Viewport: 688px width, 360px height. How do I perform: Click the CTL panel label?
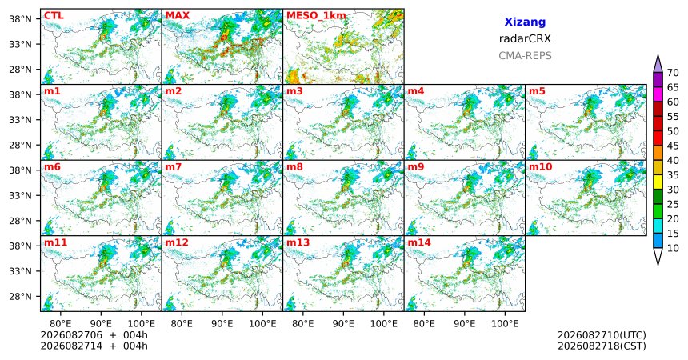[x=54, y=16]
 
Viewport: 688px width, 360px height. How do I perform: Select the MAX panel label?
[x=178, y=16]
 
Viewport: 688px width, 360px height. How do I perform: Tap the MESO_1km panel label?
[x=316, y=16]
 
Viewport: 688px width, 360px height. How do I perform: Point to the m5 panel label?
[x=537, y=91]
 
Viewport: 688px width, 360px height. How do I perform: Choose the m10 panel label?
[x=540, y=167]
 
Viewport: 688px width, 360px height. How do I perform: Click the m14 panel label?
[x=419, y=242]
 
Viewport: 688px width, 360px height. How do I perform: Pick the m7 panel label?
[x=174, y=167]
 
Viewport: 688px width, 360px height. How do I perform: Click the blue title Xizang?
[x=525, y=22]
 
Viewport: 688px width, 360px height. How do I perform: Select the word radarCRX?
[x=525, y=38]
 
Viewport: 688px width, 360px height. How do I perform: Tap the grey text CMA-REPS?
[x=525, y=56]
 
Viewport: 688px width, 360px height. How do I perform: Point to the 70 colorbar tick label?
[x=673, y=73]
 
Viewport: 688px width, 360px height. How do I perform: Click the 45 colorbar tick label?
[x=673, y=146]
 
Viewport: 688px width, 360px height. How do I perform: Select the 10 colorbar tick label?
[x=673, y=248]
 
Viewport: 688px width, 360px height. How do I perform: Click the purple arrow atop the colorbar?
[x=658, y=64]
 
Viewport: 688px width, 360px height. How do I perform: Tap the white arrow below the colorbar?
[x=658, y=256]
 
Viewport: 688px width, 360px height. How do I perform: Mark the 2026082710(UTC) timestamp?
[x=602, y=335]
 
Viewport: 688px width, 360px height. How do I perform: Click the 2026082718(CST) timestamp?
[x=602, y=346]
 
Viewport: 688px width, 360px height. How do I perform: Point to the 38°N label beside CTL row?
[x=20, y=19]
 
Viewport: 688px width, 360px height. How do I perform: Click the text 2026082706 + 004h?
[x=94, y=335]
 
